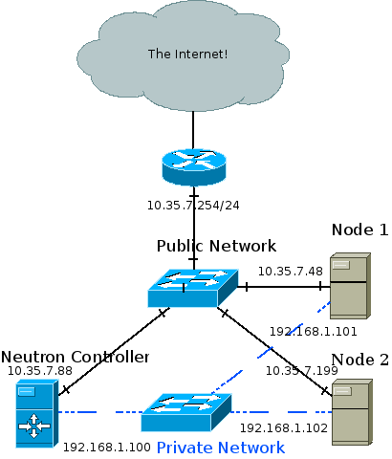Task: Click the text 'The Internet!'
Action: pyautogui.click(x=187, y=54)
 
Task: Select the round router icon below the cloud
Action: pyautogui.click(x=193, y=168)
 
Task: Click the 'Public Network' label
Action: pyautogui.click(x=216, y=246)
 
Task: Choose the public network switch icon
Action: pyautogui.click(x=193, y=287)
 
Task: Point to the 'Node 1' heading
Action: pyautogui.click(x=359, y=229)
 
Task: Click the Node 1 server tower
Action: pyautogui.click(x=349, y=285)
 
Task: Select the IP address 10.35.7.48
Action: pyautogui.click(x=290, y=272)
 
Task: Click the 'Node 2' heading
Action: pyautogui.click(x=359, y=360)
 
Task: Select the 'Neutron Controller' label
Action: pyautogui.click(x=76, y=357)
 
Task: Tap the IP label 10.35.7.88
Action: pyautogui.click(x=40, y=371)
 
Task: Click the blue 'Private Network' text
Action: pyautogui.click(x=220, y=448)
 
